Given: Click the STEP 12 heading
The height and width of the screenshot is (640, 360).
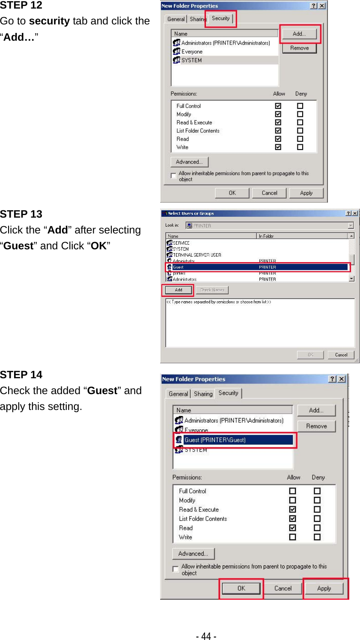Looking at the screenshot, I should (x=21, y=6).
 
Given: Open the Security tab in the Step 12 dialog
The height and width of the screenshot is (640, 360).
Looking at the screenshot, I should (x=220, y=18).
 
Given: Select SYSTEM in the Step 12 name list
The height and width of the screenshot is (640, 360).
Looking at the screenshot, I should (x=191, y=60).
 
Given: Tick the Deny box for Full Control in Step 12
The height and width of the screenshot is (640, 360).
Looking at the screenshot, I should (x=300, y=106).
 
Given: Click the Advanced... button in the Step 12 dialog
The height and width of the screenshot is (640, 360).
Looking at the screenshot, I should (x=189, y=162).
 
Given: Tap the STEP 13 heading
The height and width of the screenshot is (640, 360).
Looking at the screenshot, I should (x=21, y=214).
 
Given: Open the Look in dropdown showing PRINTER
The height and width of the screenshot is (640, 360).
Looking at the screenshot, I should (x=351, y=226).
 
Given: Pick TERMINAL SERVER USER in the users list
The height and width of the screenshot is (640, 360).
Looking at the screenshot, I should (x=197, y=255).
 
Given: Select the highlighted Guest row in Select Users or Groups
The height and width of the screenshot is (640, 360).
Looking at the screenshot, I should (x=257, y=267).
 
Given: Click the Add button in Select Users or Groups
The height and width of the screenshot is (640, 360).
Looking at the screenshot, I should (x=179, y=290).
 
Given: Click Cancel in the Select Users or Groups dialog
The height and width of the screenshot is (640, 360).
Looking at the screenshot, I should (x=341, y=355).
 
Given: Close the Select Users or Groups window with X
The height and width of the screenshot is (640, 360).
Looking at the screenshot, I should (x=355, y=213).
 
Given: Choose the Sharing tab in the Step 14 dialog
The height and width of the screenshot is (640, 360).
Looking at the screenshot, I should (x=203, y=394).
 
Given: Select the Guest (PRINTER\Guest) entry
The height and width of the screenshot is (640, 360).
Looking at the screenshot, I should (x=215, y=440).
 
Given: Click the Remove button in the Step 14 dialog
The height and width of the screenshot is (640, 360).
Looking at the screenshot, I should (x=316, y=426).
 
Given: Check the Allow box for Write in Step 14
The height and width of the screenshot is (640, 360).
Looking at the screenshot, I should (x=293, y=537).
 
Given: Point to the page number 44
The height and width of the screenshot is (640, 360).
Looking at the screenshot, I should (x=206, y=636).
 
